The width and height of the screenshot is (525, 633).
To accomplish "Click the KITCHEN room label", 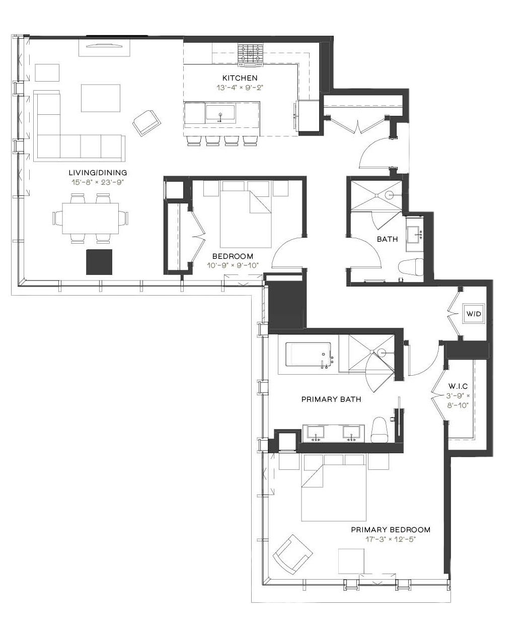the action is click(x=240, y=78).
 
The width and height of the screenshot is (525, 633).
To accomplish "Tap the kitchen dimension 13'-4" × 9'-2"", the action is click(x=240, y=88).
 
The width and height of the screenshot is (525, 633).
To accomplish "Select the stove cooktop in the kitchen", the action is click(x=250, y=55).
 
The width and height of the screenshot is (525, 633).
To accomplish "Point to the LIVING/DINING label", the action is click(x=98, y=173).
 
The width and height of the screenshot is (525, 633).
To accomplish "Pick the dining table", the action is click(x=90, y=218).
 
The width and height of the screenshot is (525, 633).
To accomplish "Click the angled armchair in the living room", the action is click(x=146, y=123).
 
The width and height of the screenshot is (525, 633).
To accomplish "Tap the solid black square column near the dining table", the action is click(x=99, y=262).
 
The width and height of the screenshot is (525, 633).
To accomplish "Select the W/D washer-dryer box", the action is click(x=474, y=314).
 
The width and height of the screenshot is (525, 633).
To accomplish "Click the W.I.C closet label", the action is click(x=458, y=386).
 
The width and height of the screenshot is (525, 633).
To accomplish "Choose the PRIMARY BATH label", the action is click(x=331, y=399).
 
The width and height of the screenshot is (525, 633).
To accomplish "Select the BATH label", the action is click(x=387, y=239).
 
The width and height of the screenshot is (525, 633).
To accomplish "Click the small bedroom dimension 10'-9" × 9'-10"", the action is click(x=233, y=265).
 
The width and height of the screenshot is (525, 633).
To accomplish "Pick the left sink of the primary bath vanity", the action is click(x=316, y=433).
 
